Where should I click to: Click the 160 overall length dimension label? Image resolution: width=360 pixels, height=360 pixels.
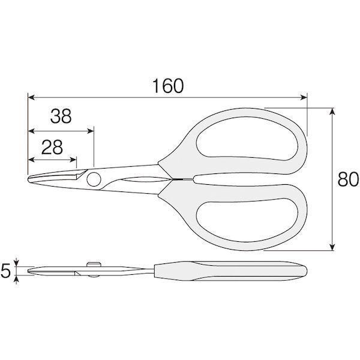click(168, 86)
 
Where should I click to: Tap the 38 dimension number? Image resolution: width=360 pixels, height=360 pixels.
click(61, 116)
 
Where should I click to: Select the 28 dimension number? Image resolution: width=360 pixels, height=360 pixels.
click(52, 147)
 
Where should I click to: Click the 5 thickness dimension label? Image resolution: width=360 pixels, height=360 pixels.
click(5, 271)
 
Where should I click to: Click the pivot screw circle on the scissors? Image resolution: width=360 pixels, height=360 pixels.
click(94, 179)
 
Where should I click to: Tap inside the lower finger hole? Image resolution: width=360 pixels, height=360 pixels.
click(247, 220)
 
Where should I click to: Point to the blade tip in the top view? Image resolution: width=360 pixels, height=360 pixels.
click(28, 179)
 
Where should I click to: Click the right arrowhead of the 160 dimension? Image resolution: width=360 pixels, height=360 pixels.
click(304, 98)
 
